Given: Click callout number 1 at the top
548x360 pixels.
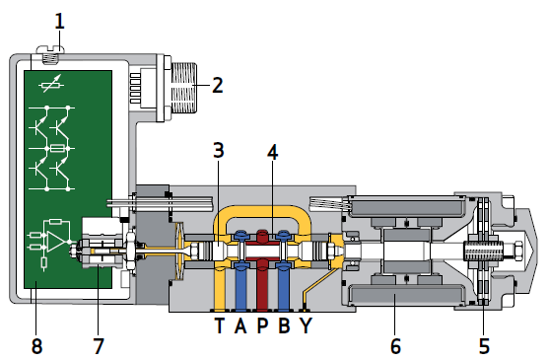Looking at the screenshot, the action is point(60,22).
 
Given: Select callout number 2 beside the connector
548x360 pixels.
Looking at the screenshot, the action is point(218,85).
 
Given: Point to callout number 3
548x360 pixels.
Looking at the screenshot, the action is point(219,151).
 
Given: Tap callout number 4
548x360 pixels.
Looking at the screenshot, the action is point(273,153).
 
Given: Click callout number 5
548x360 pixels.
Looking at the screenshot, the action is point(484,346).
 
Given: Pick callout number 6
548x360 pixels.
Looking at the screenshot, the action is point(395,346).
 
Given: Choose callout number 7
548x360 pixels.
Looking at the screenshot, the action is point(99,346).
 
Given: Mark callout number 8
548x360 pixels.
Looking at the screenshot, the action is point(37,346).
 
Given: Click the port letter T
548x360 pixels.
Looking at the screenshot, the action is point(219,325).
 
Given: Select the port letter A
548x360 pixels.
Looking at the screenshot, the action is point(240,325).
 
